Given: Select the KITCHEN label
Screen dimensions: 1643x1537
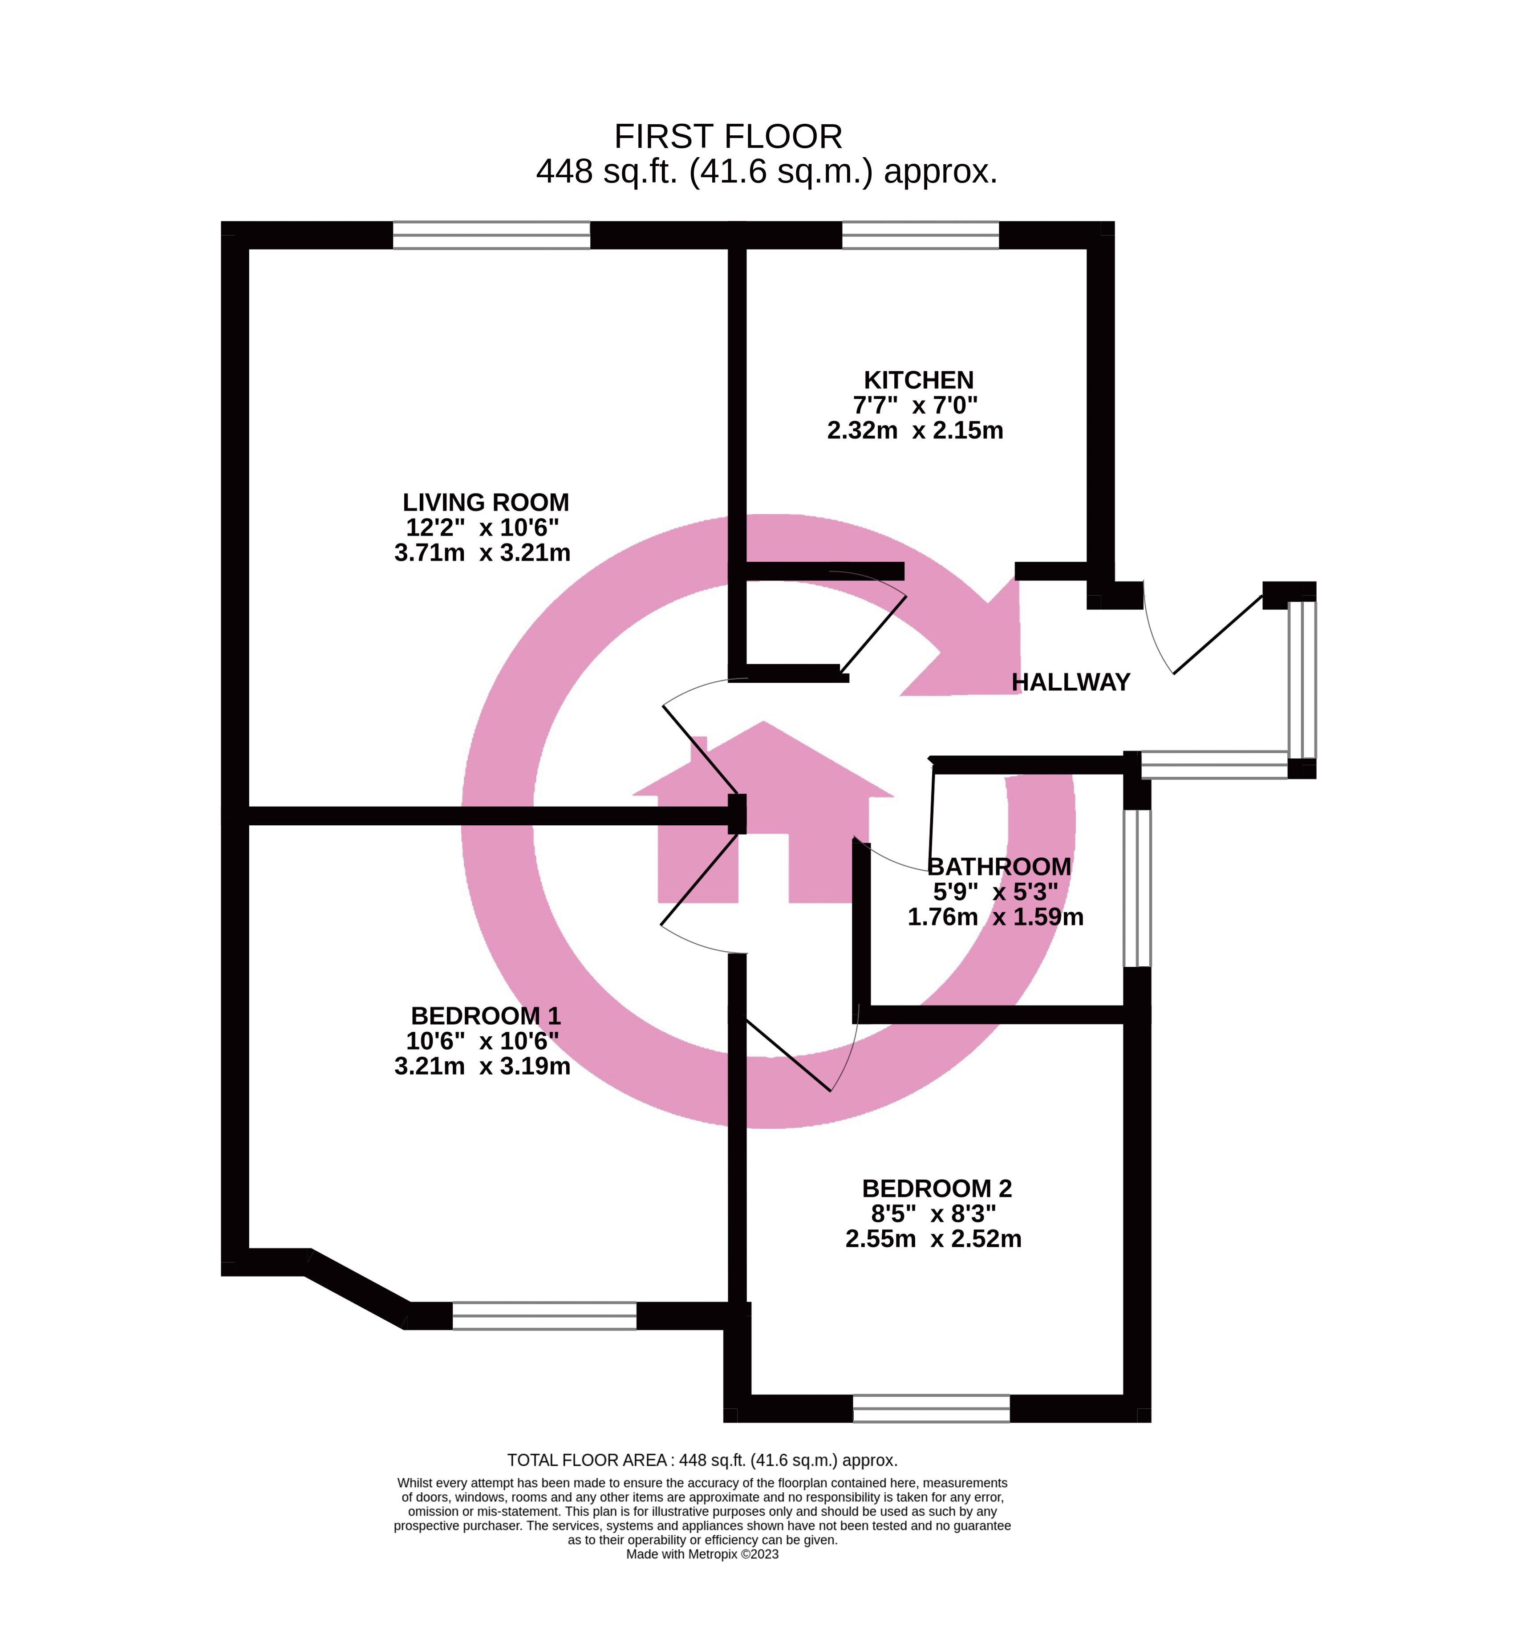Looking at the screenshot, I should click(918, 380).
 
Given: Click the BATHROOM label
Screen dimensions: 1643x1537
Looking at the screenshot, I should click(999, 867).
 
